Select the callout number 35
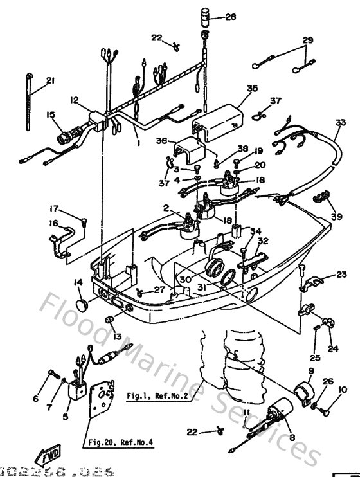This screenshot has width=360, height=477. (251, 89)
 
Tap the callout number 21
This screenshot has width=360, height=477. (51, 80)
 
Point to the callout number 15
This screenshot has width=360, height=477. (51, 114)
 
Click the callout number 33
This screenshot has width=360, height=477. (340, 122)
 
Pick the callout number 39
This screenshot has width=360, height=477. (336, 217)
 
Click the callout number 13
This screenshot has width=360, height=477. (116, 337)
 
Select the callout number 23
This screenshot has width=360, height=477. (341, 274)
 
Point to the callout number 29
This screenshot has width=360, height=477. (308, 40)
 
